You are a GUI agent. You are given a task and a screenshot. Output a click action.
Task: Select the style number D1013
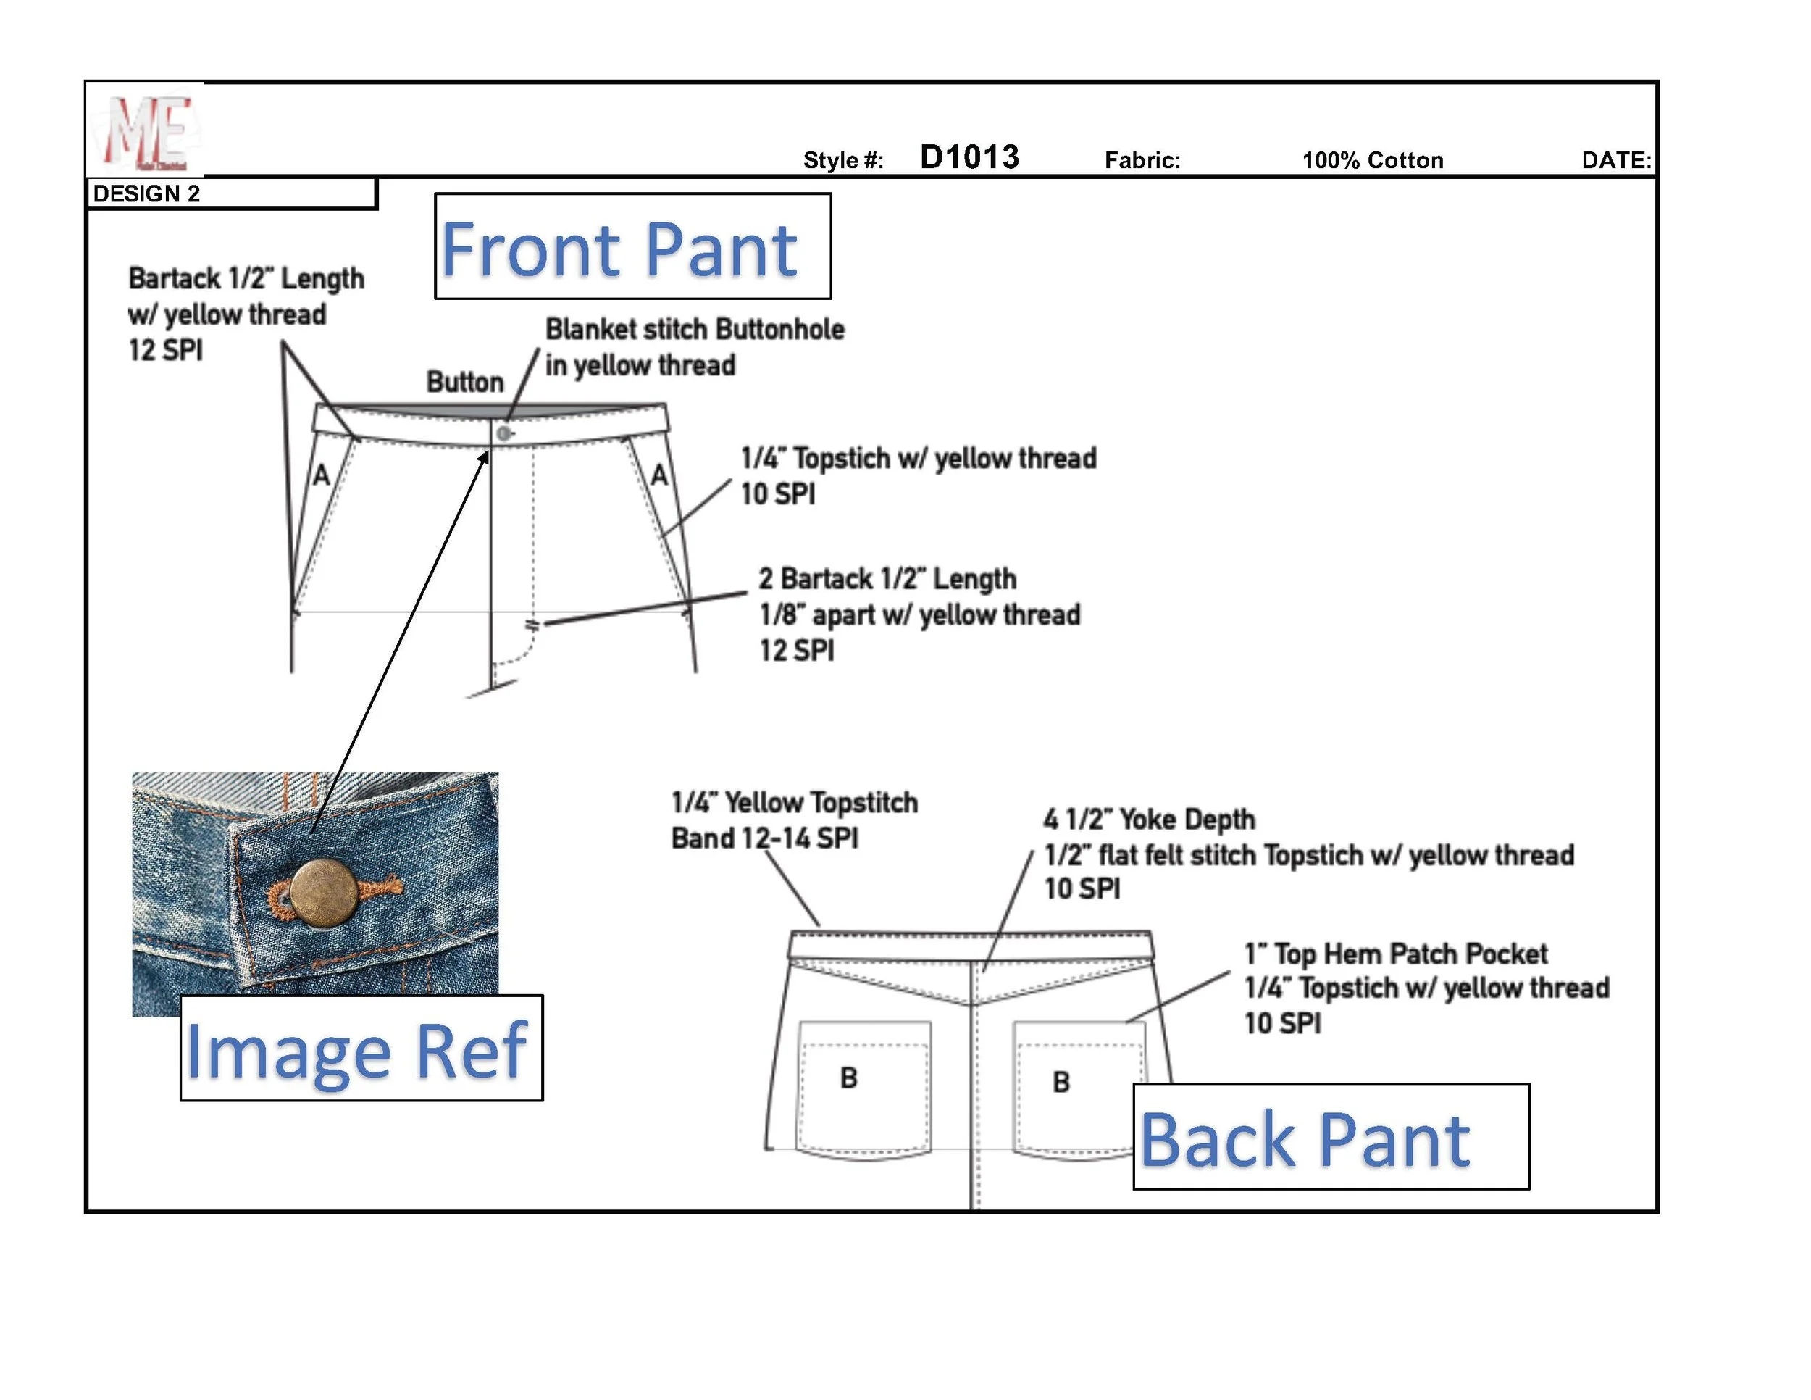[x=969, y=157]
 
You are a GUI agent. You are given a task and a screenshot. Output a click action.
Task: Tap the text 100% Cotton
[x=1372, y=160]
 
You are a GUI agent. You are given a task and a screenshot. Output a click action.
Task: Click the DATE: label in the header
[x=1615, y=160]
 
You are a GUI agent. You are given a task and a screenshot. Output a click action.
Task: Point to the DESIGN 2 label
[x=147, y=194]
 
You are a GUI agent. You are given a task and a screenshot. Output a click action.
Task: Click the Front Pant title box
[x=632, y=246]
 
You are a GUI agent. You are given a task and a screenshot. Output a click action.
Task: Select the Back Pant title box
[x=1330, y=1136]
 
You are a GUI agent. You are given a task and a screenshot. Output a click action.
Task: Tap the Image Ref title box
[x=361, y=1049]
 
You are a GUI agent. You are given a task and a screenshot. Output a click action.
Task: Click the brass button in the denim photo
[x=325, y=893]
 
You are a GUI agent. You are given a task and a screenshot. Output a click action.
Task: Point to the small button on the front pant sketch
[x=503, y=433]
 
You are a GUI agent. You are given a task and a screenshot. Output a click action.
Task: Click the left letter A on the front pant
[x=322, y=475]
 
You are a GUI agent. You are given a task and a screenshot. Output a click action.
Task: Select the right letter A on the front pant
[x=659, y=475]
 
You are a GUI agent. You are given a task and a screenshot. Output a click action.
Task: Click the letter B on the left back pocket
[x=848, y=1078]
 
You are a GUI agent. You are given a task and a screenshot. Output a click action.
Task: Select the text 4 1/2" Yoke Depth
[x=1150, y=820]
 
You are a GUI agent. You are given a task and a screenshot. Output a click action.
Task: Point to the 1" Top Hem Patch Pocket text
[x=1396, y=954]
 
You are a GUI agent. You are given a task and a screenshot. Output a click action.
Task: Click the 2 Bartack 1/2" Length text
[x=887, y=578]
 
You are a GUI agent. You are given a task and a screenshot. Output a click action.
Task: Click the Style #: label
[x=843, y=160]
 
